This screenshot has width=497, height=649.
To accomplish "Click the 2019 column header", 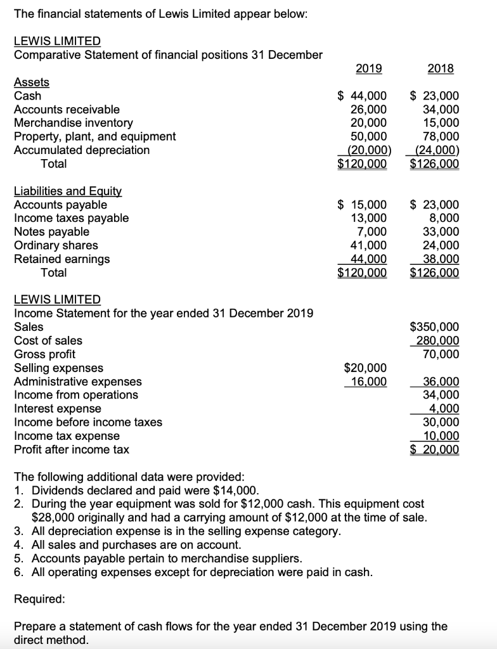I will point(368,68).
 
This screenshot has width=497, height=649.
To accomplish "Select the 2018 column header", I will point(440,68).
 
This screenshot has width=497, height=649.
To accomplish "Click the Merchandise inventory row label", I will point(74,123).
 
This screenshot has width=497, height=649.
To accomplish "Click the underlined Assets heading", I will point(31,82).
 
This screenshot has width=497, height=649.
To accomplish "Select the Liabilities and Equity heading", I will point(68,191).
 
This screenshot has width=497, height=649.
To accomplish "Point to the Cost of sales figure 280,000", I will point(437,341).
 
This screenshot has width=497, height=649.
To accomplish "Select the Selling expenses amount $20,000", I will point(365,368).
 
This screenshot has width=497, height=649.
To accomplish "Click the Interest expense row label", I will point(58,409).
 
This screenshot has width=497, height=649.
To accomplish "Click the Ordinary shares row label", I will point(56,245).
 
